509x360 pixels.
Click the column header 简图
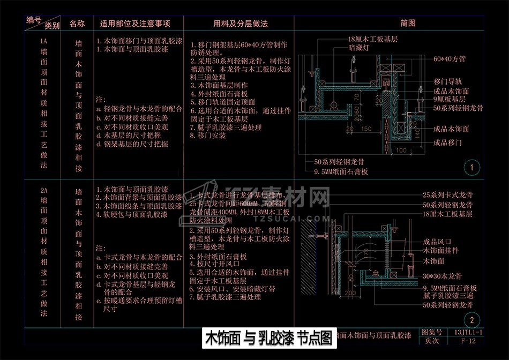coord(408,24)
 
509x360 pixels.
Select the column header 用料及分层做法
coord(241,24)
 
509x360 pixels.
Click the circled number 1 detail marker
coord(471,168)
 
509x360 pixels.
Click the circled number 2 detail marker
coord(471,321)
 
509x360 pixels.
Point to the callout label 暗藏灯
coord(360,48)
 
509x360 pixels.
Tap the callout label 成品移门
coord(448,143)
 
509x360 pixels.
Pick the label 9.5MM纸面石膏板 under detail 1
coord(341,172)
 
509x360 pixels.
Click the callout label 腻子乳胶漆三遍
coord(447,296)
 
